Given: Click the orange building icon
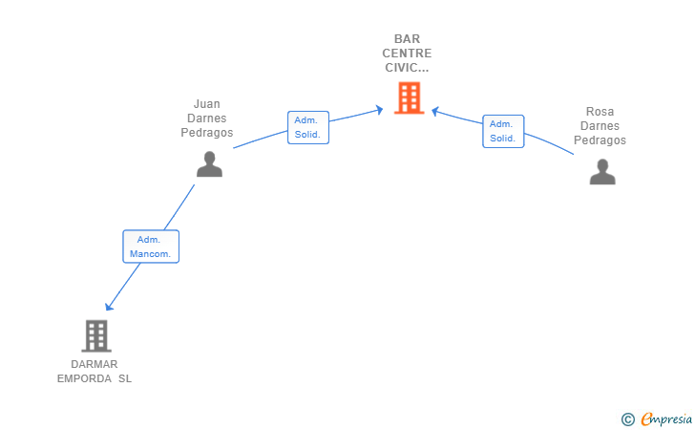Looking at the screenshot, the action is point(410,97).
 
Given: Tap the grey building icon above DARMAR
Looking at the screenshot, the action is point(96,336).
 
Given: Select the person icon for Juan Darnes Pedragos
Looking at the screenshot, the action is point(209,164).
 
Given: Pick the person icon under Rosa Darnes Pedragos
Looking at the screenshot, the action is point(602,172).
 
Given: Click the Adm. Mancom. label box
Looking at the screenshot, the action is point(151,247).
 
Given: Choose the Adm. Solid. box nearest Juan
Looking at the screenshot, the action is point(308,127).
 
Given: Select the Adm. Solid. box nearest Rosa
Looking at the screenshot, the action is point(503,131).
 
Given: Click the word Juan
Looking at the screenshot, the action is point(206,104).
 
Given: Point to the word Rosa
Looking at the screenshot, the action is point(600,112).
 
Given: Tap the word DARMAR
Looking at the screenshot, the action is point(95,364).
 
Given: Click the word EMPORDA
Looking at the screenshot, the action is point(84,378).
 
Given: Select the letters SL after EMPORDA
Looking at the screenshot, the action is point(125,378).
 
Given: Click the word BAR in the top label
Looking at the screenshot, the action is point(407,39).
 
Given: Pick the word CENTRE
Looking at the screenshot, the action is point(407,54).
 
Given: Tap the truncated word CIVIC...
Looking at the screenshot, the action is point(407,68).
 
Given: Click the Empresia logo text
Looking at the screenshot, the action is point(666,419).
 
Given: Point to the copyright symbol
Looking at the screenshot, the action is point(628,419).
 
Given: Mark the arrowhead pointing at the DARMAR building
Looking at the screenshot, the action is point(109,306).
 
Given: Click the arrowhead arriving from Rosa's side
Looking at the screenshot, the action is point(435,111).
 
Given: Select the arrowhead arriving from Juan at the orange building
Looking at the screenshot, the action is point(379,110).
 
